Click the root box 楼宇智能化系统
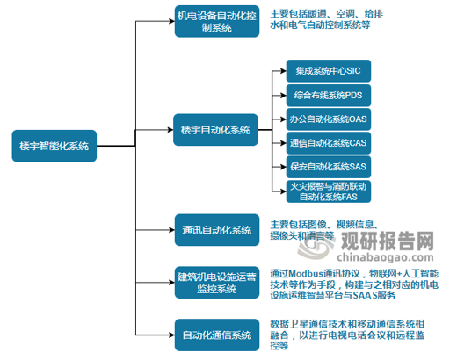click(x=54, y=146)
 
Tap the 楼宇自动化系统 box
click(x=216, y=129)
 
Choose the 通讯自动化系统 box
click(x=216, y=230)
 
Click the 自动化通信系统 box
click(x=216, y=335)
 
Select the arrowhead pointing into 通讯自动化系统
click(x=170, y=230)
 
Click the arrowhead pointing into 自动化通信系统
click(x=170, y=335)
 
